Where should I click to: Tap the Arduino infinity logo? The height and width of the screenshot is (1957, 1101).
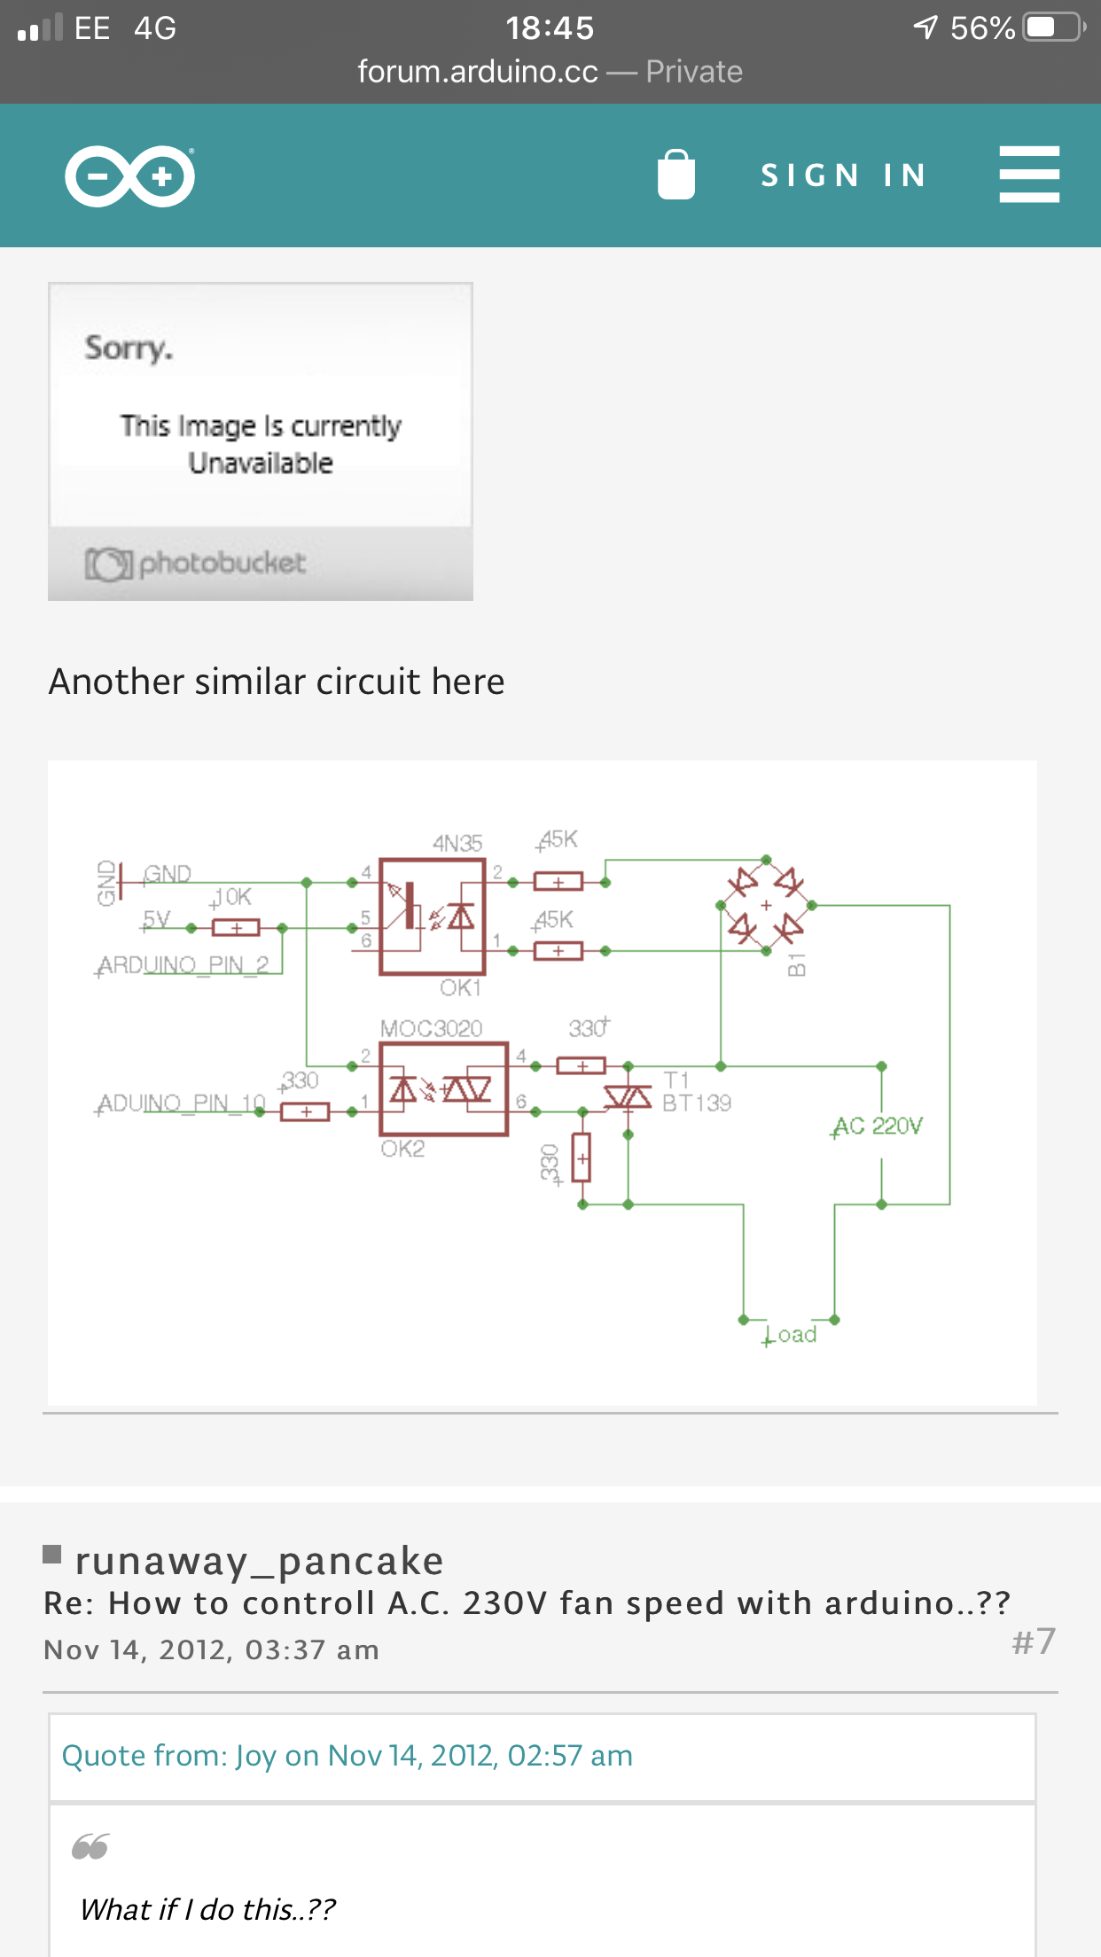(130, 176)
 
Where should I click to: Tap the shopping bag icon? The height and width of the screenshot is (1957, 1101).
(675, 175)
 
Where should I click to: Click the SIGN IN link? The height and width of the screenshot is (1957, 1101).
(843, 175)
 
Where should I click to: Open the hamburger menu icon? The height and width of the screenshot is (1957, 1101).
(1028, 175)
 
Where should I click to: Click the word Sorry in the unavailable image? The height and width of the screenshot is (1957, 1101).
(129, 347)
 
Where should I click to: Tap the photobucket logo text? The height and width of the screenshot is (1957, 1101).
(222, 563)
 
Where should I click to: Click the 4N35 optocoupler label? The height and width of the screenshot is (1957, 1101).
(457, 843)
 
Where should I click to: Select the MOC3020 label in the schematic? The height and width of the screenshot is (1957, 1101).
(432, 1028)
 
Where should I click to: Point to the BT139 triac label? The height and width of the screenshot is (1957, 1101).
(698, 1103)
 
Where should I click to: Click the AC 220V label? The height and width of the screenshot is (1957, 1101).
(878, 1126)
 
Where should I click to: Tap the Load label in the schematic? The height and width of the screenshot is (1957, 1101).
(791, 1335)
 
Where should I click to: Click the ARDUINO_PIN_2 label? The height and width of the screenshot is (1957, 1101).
(183, 964)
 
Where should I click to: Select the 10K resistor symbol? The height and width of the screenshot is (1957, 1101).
(236, 928)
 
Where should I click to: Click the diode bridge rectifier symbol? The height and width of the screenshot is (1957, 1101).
(766, 905)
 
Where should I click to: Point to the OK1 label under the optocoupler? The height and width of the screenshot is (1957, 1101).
(460, 987)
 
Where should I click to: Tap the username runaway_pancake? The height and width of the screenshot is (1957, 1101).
(259, 1561)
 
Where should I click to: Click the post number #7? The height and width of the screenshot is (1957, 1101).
(1033, 1641)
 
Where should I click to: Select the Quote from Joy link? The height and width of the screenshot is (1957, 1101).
(347, 1756)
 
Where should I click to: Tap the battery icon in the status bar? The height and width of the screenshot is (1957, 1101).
(1053, 27)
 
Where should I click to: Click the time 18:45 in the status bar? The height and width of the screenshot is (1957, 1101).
(550, 28)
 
